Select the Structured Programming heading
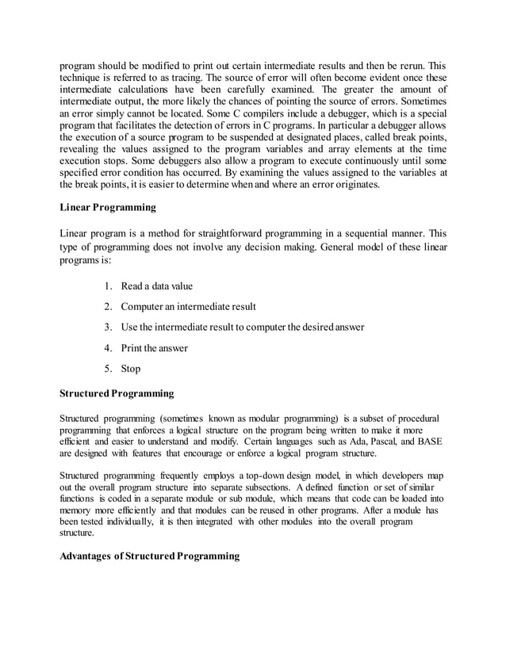click(117, 393)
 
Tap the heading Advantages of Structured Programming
click(149, 556)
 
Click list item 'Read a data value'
click(156, 285)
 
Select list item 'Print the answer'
click(155, 347)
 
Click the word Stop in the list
click(131, 368)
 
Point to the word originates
click(356, 184)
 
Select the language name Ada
click(323, 441)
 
